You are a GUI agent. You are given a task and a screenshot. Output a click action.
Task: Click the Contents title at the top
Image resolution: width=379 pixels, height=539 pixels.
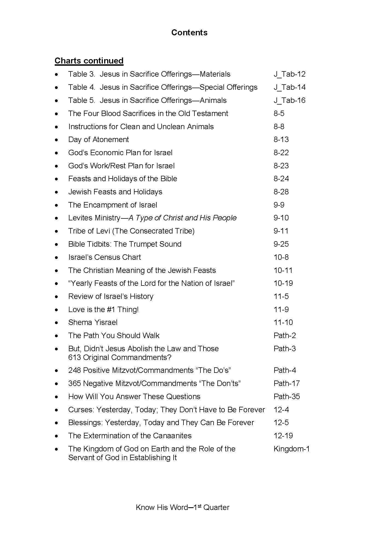[189, 33]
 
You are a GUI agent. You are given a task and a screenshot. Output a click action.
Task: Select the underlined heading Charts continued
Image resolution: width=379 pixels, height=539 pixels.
[89, 60]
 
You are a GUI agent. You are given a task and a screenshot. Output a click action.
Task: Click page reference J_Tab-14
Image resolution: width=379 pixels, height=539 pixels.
[290, 87]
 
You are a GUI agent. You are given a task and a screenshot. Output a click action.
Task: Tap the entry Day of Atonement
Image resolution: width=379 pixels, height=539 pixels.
[98, 140]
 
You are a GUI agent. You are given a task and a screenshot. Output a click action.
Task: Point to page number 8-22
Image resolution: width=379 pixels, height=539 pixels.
[281, 153]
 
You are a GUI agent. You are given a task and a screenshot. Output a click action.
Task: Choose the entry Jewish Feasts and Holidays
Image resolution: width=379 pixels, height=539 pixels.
[115, 192]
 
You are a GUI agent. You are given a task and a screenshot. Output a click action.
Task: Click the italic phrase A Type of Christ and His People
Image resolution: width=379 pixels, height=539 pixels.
[182, 218]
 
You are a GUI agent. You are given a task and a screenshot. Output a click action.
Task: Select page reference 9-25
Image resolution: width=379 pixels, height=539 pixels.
[281, 244]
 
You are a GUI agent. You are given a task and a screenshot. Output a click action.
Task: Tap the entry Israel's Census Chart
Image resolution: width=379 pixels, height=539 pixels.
[104, 257]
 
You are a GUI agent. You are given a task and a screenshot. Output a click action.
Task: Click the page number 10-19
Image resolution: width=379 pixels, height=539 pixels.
[283, 283]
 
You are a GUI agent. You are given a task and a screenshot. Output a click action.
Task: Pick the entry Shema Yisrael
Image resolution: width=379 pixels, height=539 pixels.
[93, 322]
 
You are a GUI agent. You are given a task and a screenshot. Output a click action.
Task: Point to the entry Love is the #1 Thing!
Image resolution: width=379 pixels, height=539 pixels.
[103, 310]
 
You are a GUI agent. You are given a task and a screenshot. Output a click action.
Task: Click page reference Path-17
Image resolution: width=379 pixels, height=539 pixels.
[287, 384]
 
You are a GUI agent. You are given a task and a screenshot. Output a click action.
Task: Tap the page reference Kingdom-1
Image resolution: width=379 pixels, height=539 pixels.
[291, 449]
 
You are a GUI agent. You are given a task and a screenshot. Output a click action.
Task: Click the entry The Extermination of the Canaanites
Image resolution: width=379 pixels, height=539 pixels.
[130, 436]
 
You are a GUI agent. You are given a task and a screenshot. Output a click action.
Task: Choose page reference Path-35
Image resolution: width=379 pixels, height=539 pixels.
[287, 397]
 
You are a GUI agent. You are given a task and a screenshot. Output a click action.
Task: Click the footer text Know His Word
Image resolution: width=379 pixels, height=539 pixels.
[162, 508]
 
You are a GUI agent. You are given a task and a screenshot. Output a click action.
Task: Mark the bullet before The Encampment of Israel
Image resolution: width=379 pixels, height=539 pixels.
[56, 205]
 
